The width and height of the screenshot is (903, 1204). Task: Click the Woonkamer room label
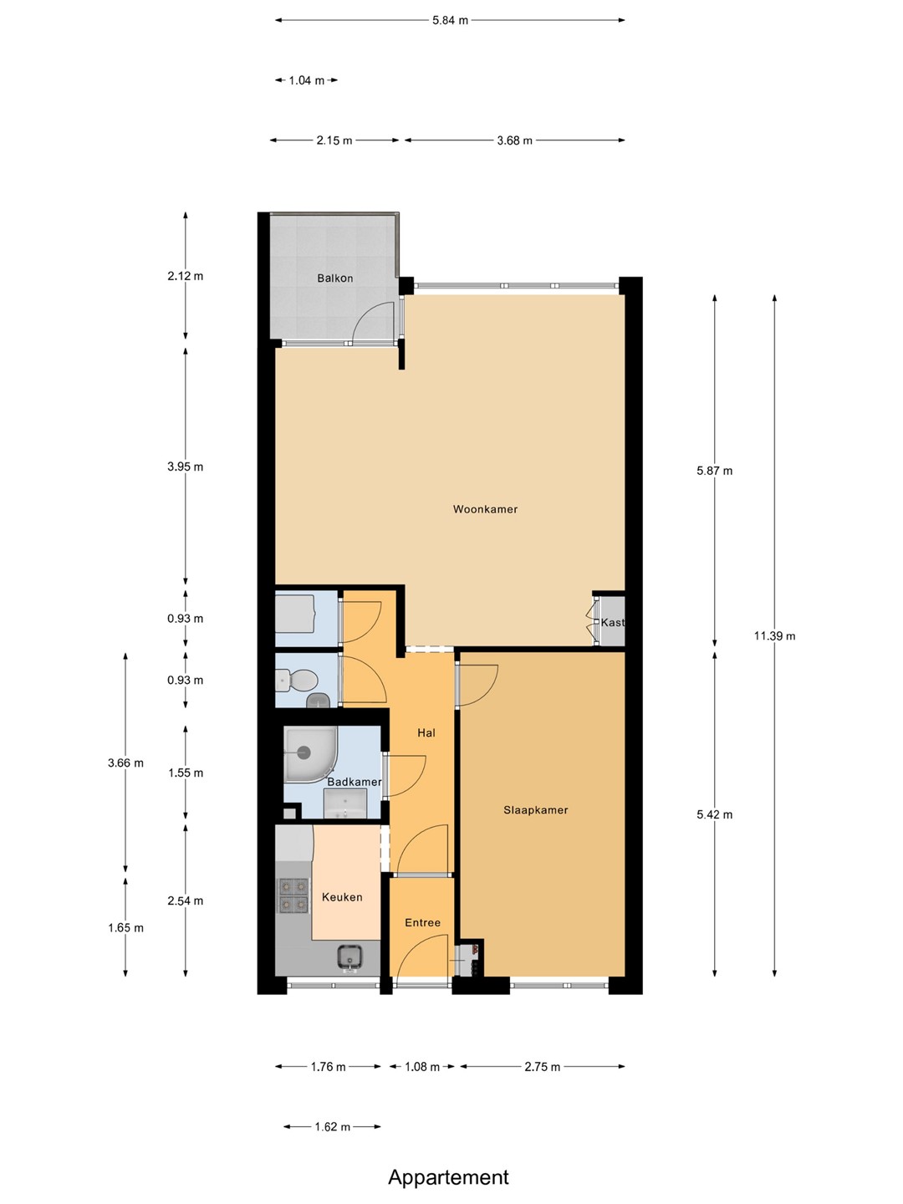click(485, 509)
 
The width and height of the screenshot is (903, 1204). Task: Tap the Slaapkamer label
click(536, 809)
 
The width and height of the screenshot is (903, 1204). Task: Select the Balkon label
click(335, 278)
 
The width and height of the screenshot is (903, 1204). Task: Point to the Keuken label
click(342, 897)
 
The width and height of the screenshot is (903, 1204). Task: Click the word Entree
click(423, 922)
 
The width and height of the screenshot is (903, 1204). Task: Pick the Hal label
click(426, 732)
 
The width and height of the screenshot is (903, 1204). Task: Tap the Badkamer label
click(355, 782)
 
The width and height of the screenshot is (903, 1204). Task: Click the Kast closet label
click(612, 623)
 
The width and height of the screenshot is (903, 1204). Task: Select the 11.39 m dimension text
click(775, 635)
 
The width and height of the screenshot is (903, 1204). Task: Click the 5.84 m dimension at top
click(450, 20)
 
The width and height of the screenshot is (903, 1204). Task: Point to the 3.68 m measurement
click(515, 140)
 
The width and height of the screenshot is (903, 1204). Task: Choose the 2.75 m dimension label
click(543, 1067)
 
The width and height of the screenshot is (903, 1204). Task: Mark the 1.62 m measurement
click(332, 1126)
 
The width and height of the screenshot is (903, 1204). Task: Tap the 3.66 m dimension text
click(125, 763)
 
